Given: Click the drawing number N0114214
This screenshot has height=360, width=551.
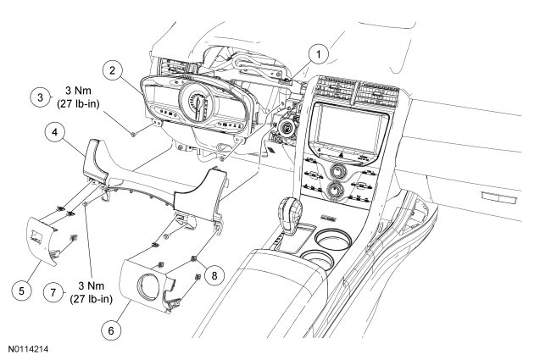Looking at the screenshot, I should point(30,349).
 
